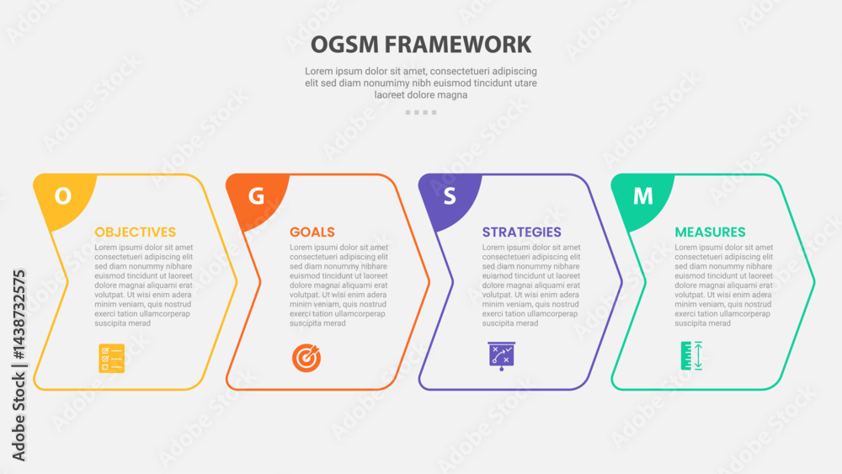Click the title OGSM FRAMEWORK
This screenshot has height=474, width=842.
click(x=421, y=45)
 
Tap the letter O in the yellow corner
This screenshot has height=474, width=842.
click(x=63, y=196)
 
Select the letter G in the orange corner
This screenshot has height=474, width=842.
click(x=256, y=196)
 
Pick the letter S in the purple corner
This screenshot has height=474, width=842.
click(x=450, y=196)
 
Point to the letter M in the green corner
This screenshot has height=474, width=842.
click(x=642, y=196)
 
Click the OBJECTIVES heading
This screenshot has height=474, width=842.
click(x=136, y=232)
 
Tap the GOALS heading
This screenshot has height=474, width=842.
click(x=312, y=232)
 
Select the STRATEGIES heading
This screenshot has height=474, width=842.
click(x=521, y=232)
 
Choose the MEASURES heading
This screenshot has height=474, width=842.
click(x=710, y=232)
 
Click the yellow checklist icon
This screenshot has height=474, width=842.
click(x=112, y=358)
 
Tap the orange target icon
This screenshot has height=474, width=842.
click(x=306, y=358)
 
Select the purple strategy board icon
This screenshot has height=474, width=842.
click(x=502, y=356)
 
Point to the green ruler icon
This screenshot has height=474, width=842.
click(x=691, y=355)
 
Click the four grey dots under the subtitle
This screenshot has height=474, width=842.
click(x=421, y=112)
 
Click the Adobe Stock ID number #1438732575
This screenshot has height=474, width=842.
click(x=19, y=315)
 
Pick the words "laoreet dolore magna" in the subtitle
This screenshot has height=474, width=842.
click(x=421, y=95)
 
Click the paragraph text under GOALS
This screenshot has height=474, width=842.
click(x=338, y=285)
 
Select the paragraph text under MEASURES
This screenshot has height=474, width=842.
click(x=724, y=285)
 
